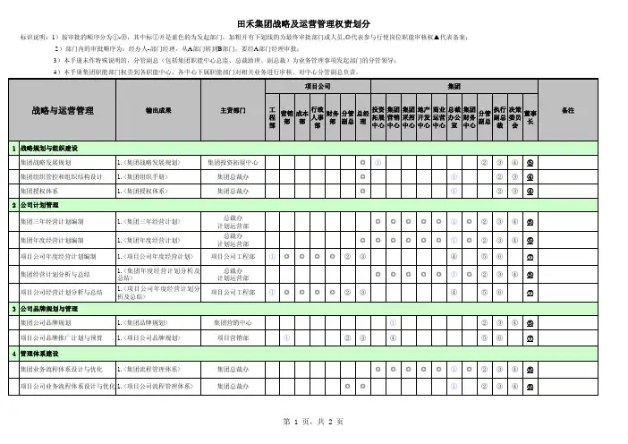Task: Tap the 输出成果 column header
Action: [x=158, y=110]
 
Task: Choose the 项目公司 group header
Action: [x=318, y=86]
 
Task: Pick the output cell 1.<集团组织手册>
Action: [x=146, y=177]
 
